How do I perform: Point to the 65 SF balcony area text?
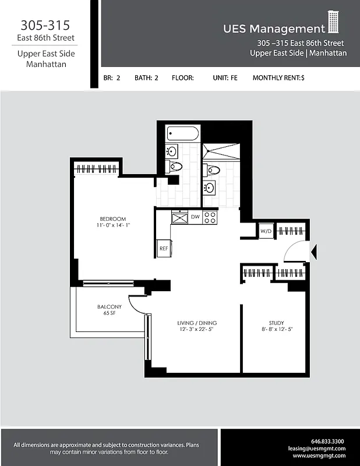pos(110,313)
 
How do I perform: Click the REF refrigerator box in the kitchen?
pos(164,248)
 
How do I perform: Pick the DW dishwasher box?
pos(195,217)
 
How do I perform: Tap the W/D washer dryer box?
pos(266,231)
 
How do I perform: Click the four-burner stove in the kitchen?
pos(210,217)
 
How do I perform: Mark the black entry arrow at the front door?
pos(313,252)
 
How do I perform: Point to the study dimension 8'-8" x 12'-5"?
pos(276,329)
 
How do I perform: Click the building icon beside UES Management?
pos(333,23)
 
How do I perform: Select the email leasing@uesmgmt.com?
pos(317,449)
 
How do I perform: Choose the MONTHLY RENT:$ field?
pos(278,77)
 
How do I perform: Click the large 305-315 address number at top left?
pos(45,25)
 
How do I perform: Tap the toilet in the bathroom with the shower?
pos(213,170)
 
